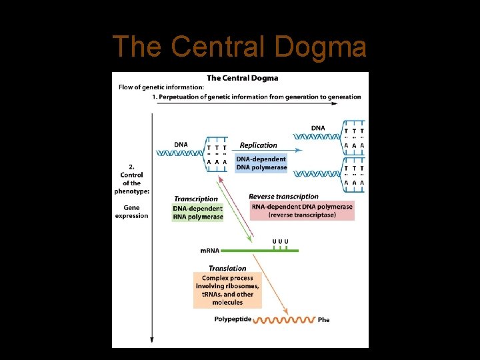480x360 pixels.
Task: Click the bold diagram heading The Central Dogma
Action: click(243, 78)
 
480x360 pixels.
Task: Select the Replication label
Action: click(258, 145)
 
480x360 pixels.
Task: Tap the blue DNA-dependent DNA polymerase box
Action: click(261, 163)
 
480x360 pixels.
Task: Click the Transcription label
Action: click(196, 199)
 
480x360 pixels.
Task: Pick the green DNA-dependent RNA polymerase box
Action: click(198, 213)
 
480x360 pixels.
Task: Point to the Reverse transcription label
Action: click(283, 197)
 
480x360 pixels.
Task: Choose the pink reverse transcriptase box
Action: click(302, 211)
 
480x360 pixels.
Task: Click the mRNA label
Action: click(210, 251)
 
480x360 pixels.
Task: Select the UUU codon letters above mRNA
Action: click(281, 241)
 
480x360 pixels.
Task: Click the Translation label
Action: click(227, 269)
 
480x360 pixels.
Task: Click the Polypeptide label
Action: click(233, 319)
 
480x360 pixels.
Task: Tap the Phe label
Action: click(323, 320)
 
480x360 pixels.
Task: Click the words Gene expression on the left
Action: click(131, 212)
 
